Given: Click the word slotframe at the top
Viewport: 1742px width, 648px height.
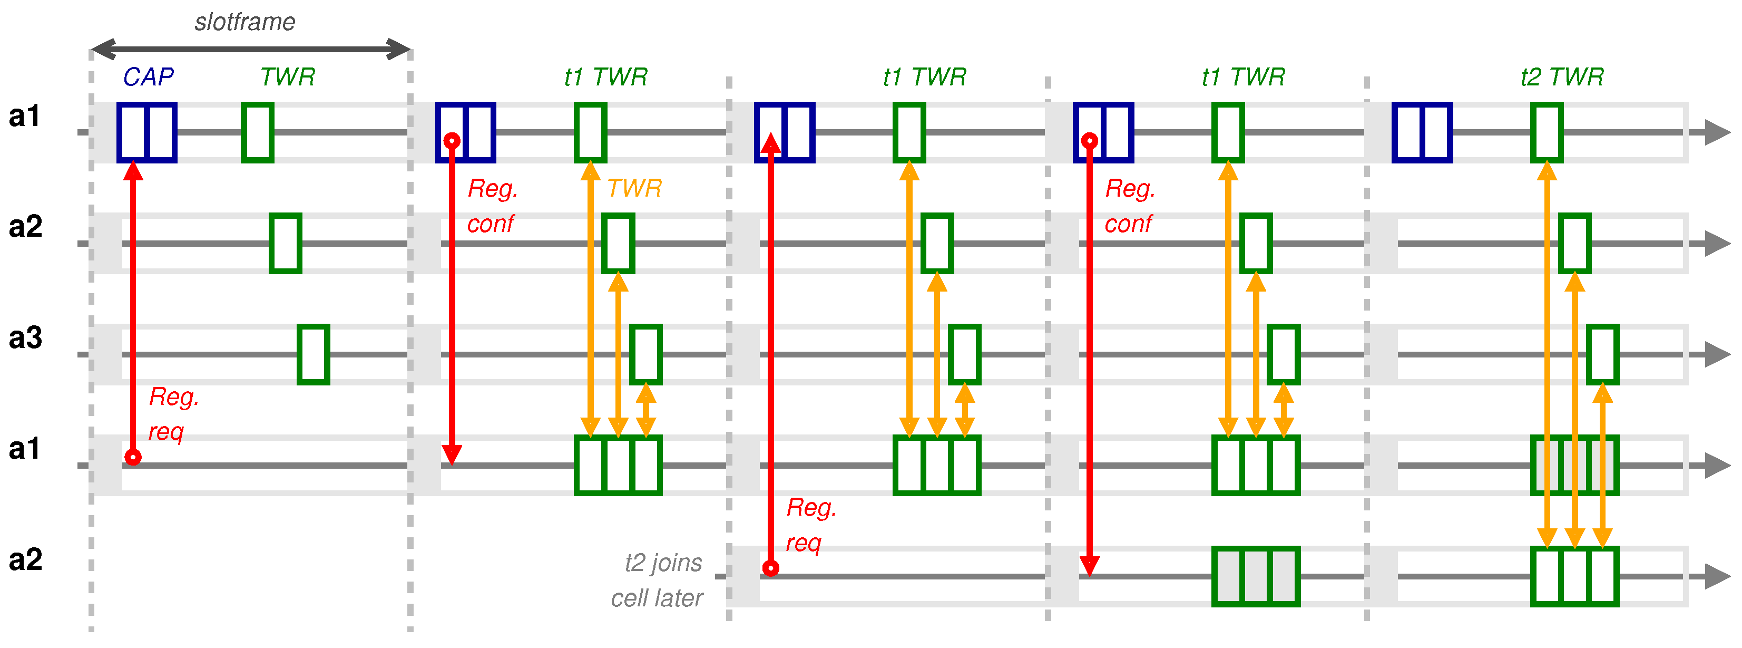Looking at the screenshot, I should [x=245, y=22].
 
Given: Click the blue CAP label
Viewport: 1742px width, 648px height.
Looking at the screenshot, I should [x=148, y=77].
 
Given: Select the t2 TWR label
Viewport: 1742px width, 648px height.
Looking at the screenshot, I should [x=1561, y=77].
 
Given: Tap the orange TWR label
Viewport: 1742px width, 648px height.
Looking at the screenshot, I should [x=634, y=188].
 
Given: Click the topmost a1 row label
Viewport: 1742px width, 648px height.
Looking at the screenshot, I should [x=24, y=117].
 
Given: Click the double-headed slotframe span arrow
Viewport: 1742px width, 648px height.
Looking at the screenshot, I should [x=250, y=49].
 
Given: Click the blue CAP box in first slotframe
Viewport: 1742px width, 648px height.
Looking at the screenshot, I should [x=146, y=132].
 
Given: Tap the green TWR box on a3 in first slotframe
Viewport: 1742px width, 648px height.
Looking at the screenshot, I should [x=313, y=354].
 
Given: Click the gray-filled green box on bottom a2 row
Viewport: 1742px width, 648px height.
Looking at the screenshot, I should [x=1255, y=576].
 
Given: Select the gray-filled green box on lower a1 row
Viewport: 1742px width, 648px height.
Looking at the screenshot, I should [x=1574, y=466].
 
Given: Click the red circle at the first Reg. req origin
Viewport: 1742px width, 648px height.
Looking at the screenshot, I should [x=133, y=457].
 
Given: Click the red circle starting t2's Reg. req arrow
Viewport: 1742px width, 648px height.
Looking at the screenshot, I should [x=770, y=568].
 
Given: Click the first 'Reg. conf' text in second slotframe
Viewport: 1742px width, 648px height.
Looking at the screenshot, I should [x=492, y=206].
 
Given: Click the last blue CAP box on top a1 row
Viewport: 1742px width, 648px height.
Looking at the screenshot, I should [x=1422, y=132].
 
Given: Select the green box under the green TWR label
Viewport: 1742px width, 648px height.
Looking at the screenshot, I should [x=258, y=132].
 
